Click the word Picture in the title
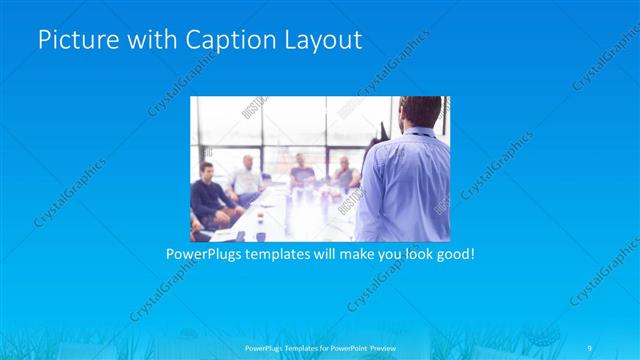pyautogui.click(x=73, y=41)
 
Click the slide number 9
pyautogui.click(x=590, y=346)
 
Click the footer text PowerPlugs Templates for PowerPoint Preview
pyautogui.click(x=320, y=346)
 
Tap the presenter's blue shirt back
pyautogui.click(x=405, y=185)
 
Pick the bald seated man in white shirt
pyautogui.click(x=246, y=177)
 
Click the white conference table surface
pyautogui.click(x=290, y=215)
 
